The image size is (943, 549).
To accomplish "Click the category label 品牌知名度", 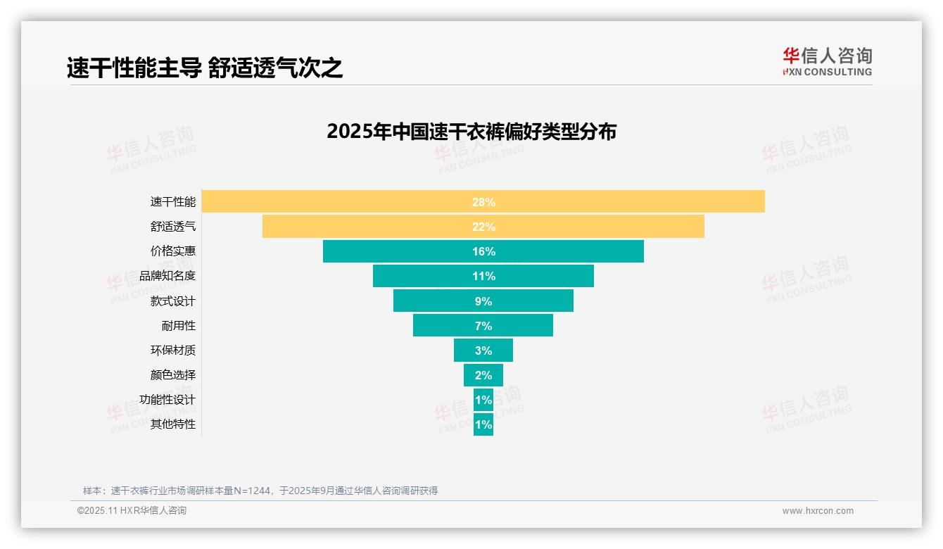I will [167, 276].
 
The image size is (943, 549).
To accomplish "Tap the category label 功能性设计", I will [167, 400].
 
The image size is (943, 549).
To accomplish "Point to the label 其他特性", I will [173, 424].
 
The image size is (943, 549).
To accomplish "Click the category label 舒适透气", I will [173, 227].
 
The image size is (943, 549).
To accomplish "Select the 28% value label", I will [483, 202].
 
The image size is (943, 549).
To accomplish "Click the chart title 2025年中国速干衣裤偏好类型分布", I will [471, 132].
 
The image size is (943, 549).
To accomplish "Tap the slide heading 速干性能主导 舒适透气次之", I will [205, 68].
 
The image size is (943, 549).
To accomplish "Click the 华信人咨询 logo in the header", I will [827, 61].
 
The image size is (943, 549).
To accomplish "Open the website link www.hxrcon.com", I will [818, 511].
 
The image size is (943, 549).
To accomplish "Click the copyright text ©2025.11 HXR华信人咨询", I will [132, 511].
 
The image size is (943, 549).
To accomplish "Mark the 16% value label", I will [483, 251].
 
